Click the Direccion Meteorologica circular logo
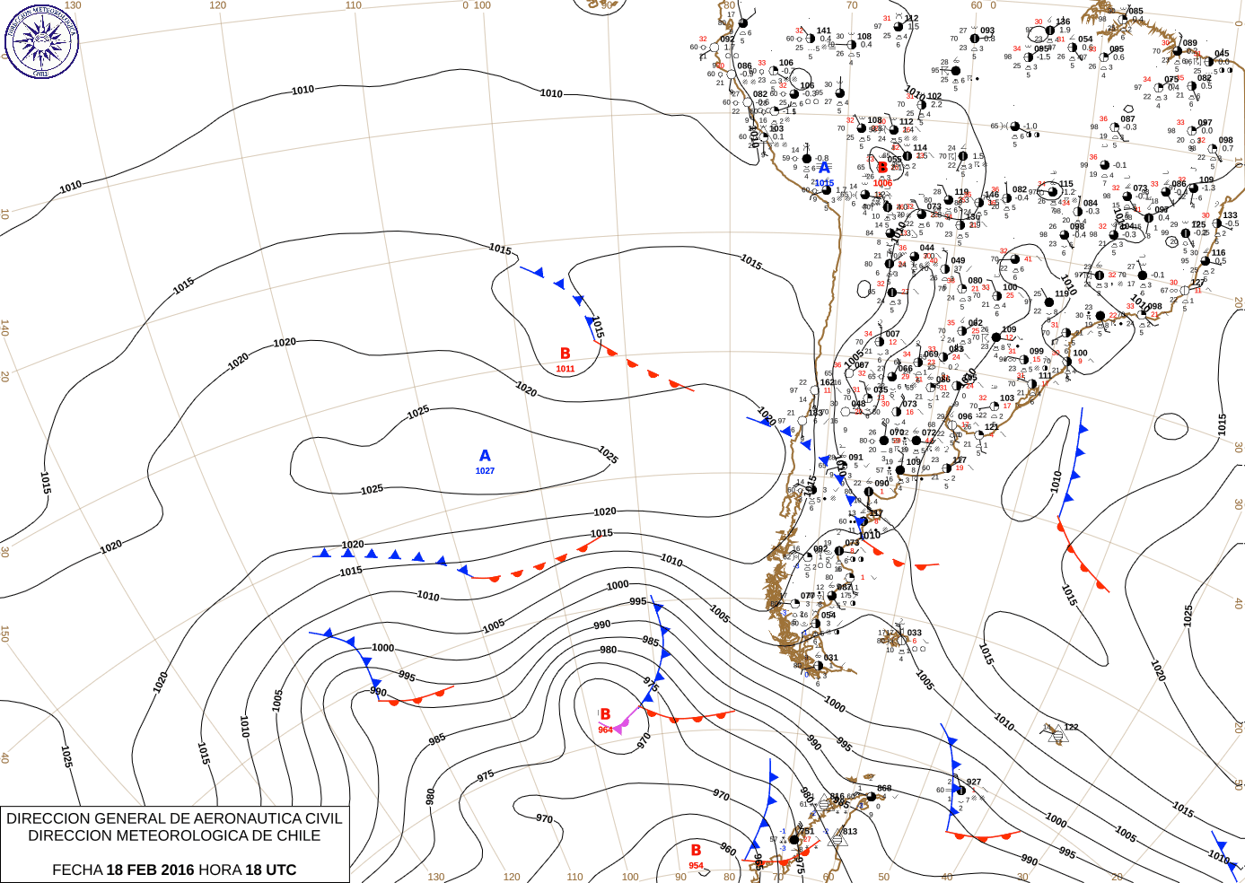point(41,41)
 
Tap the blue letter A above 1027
point(485,456)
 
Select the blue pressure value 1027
point(485,471)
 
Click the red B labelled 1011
point(566,354)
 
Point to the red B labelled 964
point(605,715)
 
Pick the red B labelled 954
point(696,850)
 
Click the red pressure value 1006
point(882,183)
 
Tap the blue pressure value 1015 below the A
point(824,183)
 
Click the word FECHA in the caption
point(77,870)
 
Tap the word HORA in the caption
point(220,870)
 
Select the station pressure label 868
point(884,789)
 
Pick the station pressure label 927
point(973,782)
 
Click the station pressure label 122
point(1071,728)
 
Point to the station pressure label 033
point(914,633)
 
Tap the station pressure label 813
point(849,832)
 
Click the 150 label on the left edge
point(4,634)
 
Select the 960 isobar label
point(727,849)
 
